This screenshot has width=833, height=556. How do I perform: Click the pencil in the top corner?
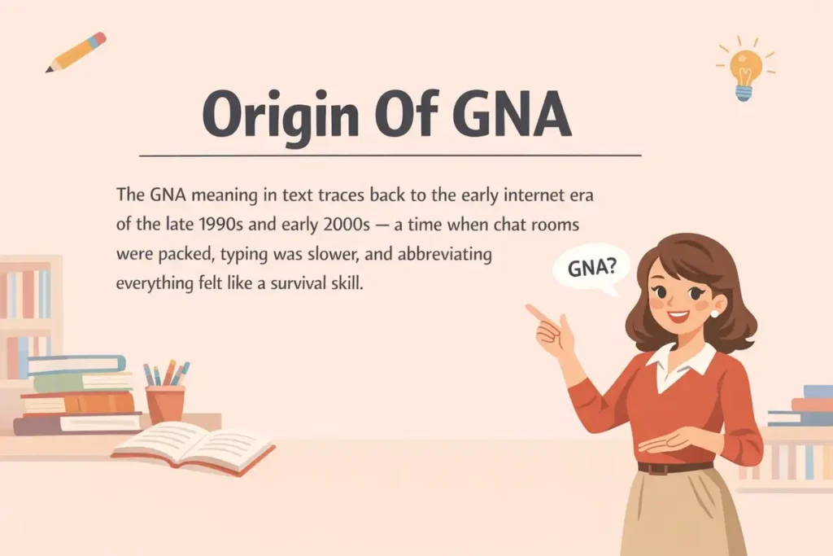76,52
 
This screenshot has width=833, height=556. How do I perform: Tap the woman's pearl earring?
714,313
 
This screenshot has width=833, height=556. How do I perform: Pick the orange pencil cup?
164,403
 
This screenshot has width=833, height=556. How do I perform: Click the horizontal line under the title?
390,155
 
